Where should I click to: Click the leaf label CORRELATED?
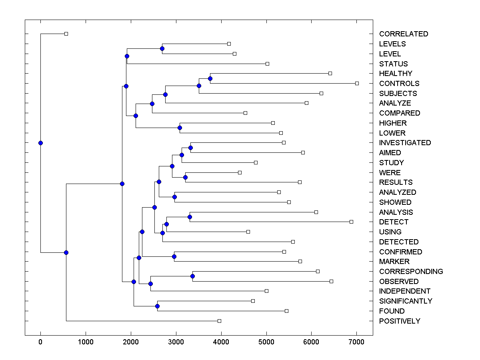pyautogui.click(x=403, y=34)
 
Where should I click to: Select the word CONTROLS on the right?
pyautogui.click(x=399, y=84)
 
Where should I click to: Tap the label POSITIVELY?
pyautogui.click(x=400, y=321)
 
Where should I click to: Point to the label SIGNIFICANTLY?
pyautogui.click(x=406, y=301)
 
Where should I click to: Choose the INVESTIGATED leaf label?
pyautogui.click(x=405, y=143)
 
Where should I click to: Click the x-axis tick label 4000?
pyautogui.click(x=221, y=342)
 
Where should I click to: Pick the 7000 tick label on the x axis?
pyautogui.click(x=356, y=342)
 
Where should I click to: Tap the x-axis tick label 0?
pyautogui.click(x=40, y=342)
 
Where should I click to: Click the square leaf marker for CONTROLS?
pyautogui.click(x=357, y=83)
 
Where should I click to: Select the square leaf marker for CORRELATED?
pyautogui.click(x=66, y=34)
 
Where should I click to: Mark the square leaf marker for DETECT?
pyautogui.click(x=351, y=222)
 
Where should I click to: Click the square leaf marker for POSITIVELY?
pyautogui.click(x=219, y=321)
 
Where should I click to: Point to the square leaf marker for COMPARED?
pyautogui.click(x=245, y=113)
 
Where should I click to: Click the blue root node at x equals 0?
pyautogui.click(x=40, y=143)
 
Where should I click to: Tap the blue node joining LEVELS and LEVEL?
pyautogui.click(x=162, y=49)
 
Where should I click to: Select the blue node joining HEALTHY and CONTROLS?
pyautogui.click(x=210, y=78)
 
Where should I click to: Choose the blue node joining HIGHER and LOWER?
pyautogui.click(x=180, y=128)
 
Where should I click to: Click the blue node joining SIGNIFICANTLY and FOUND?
pyautogui.click(x=157, y=306)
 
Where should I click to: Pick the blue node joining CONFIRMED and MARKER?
pyautogui.click(x=174, y=256)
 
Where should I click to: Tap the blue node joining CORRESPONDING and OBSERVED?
pyautogui.click(x=192, y=276)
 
